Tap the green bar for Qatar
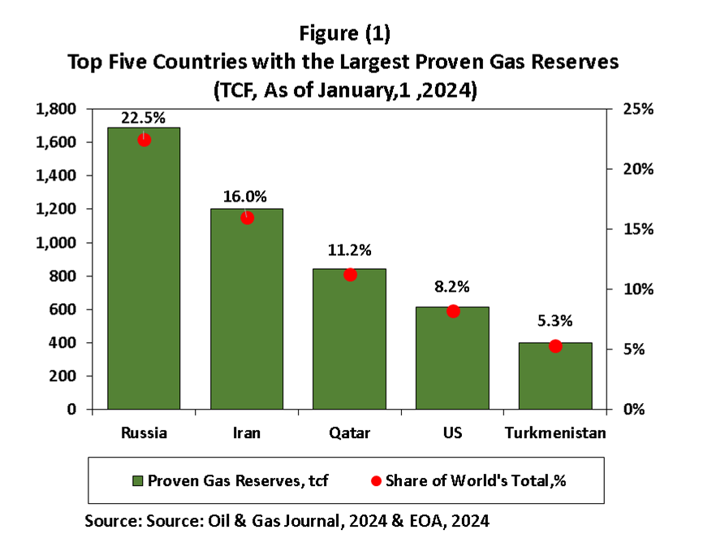click(x=350, y=341)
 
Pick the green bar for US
click(x=453, y=362)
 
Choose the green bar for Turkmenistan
click(x=555, y=378)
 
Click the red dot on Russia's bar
click(x=145, y=140)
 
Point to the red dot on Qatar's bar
click(x=350, y=275)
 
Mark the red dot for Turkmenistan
click(x=555, y=346)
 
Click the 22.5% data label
click(x=143, y=117)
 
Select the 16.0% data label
click(x=246, y=197)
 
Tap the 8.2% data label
click(x=452, y=288)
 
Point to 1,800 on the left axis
click(x=56, y=109)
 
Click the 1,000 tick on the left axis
click(x=56, y=243)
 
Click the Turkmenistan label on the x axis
click(x=555, y=432)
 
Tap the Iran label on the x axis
click(x=247, y=432)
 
